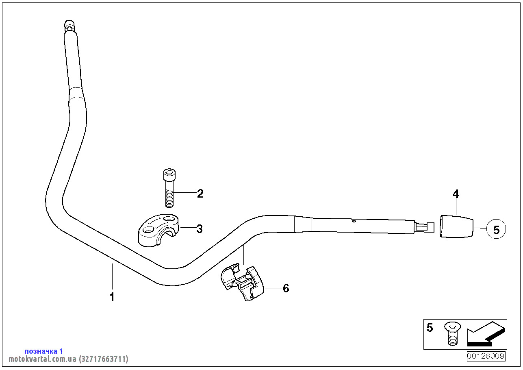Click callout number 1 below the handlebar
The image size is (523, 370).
point(112,297)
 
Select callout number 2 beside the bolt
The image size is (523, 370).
point(200,194)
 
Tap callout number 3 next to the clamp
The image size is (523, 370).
point(199,229)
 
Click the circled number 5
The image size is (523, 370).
point(496,229)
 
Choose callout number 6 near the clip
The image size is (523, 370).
point(286,288)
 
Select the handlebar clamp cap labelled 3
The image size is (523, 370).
point(158,230)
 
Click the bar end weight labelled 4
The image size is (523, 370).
point(456,226)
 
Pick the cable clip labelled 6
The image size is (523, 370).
point(242,282)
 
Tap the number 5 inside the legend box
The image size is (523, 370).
point(430,328)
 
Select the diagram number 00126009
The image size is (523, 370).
point(486,356)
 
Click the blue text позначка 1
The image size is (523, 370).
point(43,351)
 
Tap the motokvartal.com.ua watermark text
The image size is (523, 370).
point(68,359)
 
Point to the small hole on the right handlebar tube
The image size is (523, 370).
point(354,221)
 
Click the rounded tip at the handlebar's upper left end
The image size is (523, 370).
point(69,25)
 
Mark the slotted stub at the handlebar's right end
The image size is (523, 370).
point(425,227)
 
